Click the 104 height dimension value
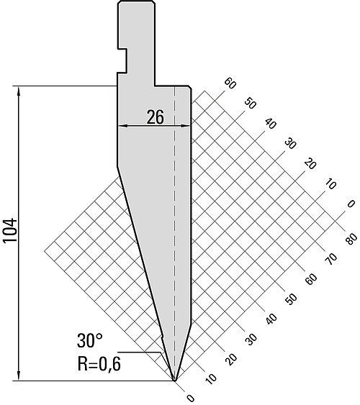tap(10, 230)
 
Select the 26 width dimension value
tap(156, 117)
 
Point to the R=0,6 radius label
tap(99, 364)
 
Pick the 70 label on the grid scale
tap(332, 259)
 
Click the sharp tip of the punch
tap(175, 381)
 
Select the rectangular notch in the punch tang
tap(122, 60)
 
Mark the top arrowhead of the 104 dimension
tap(19, 90)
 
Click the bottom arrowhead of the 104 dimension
tap(19, 377)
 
